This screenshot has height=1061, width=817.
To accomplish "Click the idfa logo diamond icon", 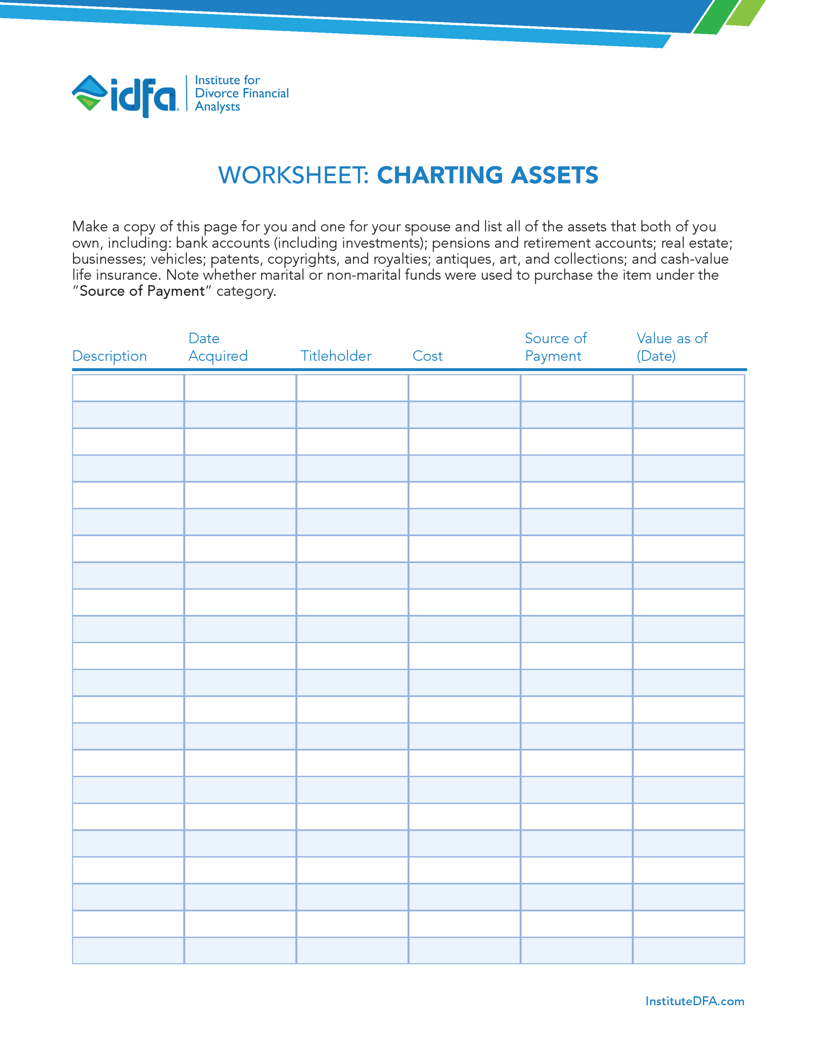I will [x=89, y=93].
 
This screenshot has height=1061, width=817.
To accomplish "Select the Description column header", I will [x=109, y=356].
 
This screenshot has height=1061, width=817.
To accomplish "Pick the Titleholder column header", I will [x=336, y=356].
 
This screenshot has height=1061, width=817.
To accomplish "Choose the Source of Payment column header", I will [x=555, y=347].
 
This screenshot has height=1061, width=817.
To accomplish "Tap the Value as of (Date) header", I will [x=671, y=347].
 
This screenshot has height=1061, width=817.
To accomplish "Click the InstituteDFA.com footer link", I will [x=694, y=1001].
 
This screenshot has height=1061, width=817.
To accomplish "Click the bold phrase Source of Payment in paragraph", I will [x=142, y=292].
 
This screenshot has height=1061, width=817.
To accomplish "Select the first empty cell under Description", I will [x=128, y=388].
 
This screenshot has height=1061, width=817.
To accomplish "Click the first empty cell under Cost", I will [x=464, y=388].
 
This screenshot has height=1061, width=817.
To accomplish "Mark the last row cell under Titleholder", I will [x=352, y=950].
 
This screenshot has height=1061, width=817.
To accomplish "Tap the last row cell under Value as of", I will [x=688, y=950].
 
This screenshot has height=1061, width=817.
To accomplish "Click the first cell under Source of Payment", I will [x=576, y=388].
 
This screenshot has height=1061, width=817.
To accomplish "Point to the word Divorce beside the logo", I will [x=217, y=93].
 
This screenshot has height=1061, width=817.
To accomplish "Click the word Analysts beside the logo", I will [x=217, y=107].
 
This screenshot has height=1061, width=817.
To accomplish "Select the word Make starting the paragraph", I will [x=90, y=227].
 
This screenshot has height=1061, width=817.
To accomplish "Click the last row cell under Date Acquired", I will [x=240, y=950].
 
